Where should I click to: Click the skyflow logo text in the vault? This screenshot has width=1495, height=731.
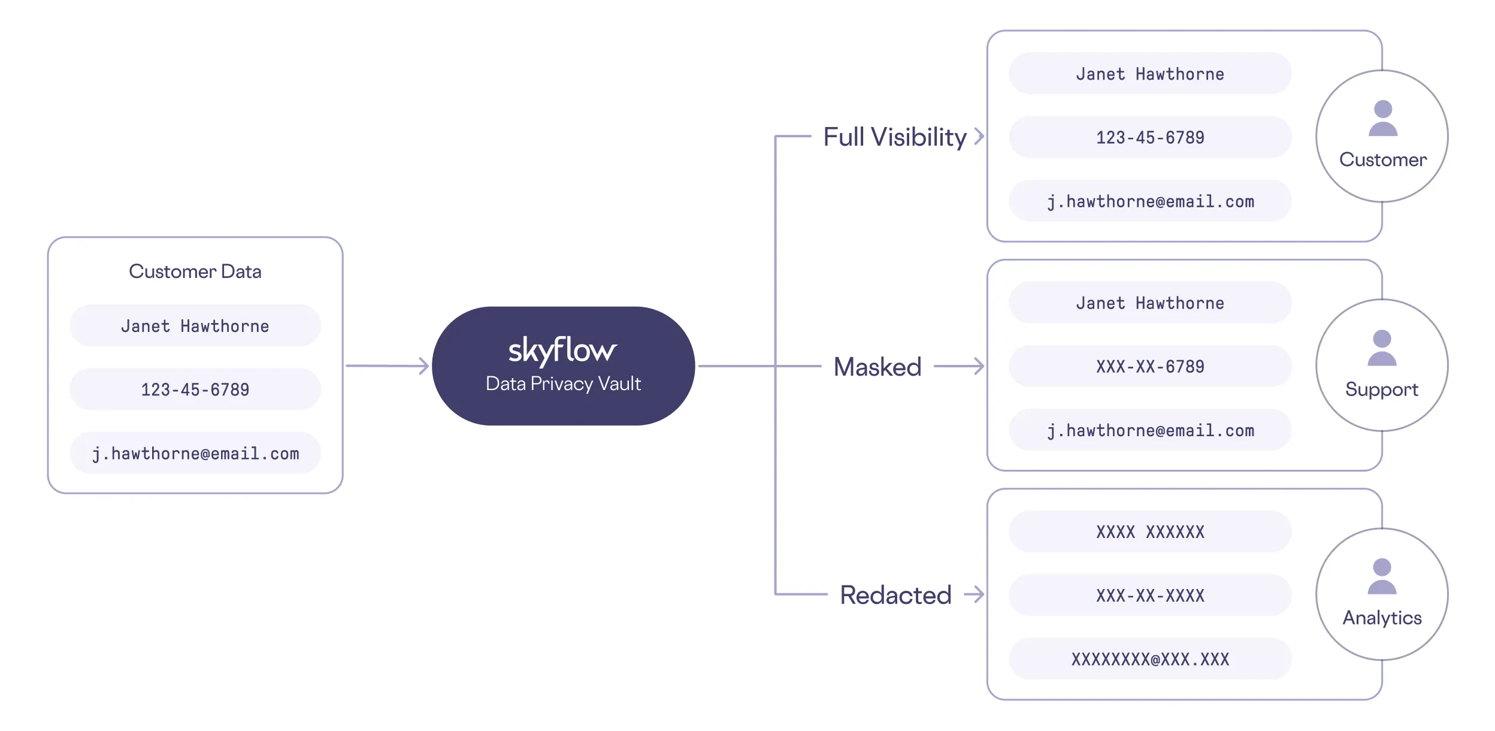pyautogui.click(x=562, y=350)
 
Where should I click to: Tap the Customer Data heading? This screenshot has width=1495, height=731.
pyautogui.click(x=195, y=271)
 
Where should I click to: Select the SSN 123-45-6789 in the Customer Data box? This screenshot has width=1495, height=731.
pyautogui.click(x=195, y=389)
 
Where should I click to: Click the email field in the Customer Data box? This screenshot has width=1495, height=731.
pyautogui.click(x=195, y=454)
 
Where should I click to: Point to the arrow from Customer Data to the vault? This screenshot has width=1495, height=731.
pyautogui.click(x=388, y=365)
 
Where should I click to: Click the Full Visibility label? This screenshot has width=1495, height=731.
pyautogui.click(x=895, y=137)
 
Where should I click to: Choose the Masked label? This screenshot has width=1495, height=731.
pyautogui.click(x=877, y=367)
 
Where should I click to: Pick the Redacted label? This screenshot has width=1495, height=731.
pyautogui.click(x=895, y=595)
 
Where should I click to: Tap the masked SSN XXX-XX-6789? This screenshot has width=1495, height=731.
pyautogui.click(x=1150, y=367)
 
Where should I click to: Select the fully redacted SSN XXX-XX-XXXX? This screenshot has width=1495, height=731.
pyautogui.click(x=1150, y=596)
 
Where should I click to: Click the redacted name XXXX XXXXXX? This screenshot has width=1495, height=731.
pyautogui.click(x=1150, y=532)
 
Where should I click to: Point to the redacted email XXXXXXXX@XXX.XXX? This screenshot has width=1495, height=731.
pyautogui.click(x=1150, y=660)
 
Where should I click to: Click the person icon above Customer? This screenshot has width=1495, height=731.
pyautogui.click(x=1383, y=119)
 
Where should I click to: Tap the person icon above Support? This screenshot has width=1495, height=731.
pyautogui.click(x=1382, y=348)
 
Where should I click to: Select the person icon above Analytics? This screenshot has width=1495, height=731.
pyautogui.click(x=1382, y=576)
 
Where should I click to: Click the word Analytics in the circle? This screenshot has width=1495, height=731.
pyautogui.click(x=1382, y=618)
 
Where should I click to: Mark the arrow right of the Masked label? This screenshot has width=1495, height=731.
pyautogui.click(x=960, y=366)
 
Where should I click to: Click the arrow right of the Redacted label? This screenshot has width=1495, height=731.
pyautogui.click(x=975, y=594)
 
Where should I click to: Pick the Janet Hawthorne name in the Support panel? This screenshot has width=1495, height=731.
pyautogui.click(x=1150, y=303)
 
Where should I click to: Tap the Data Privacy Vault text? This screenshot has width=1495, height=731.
pyautogui.click(x=563, y=383)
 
